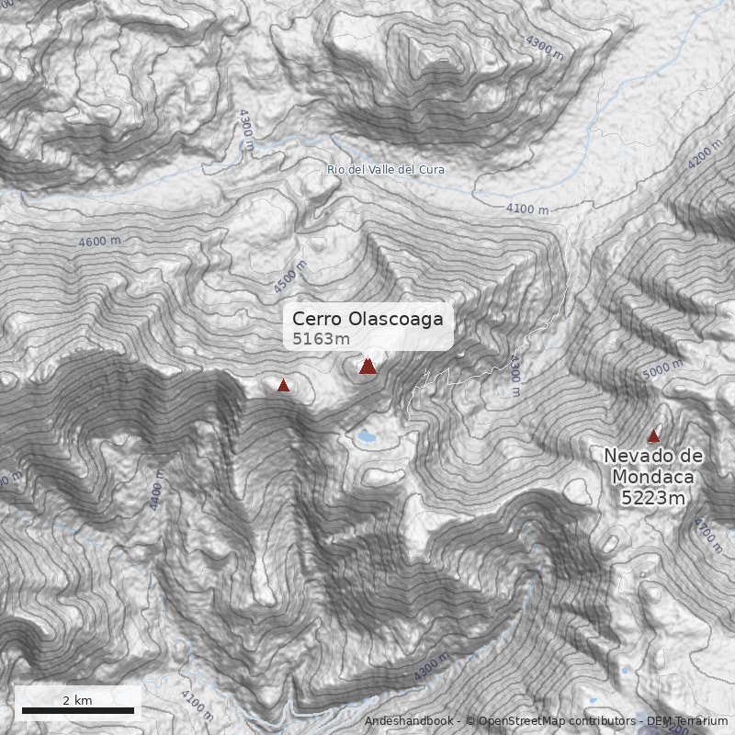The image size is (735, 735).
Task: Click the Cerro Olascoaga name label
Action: tap(367, 319)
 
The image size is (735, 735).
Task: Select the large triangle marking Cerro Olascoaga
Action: tap(368, 367)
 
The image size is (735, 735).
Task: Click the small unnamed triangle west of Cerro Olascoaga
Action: tap(284, 386)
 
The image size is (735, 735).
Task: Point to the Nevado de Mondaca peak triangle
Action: tap(653, 436)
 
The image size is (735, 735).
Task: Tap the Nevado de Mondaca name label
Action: tap(653, 467)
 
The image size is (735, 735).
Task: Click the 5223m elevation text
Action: tap(653, 499)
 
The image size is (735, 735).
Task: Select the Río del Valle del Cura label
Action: tap(386, 170)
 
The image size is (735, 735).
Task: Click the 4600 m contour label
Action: tap(100, 242)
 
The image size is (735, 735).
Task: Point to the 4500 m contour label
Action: tap(289, 276)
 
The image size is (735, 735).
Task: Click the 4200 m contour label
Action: tap(706, 153)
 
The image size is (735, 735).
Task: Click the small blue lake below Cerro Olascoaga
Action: tap(367, 437)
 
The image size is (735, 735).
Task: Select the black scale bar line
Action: tap(78, 710)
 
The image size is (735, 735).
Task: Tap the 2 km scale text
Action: tap(77, 700)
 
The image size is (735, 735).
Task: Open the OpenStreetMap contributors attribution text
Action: tap(556, 722)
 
